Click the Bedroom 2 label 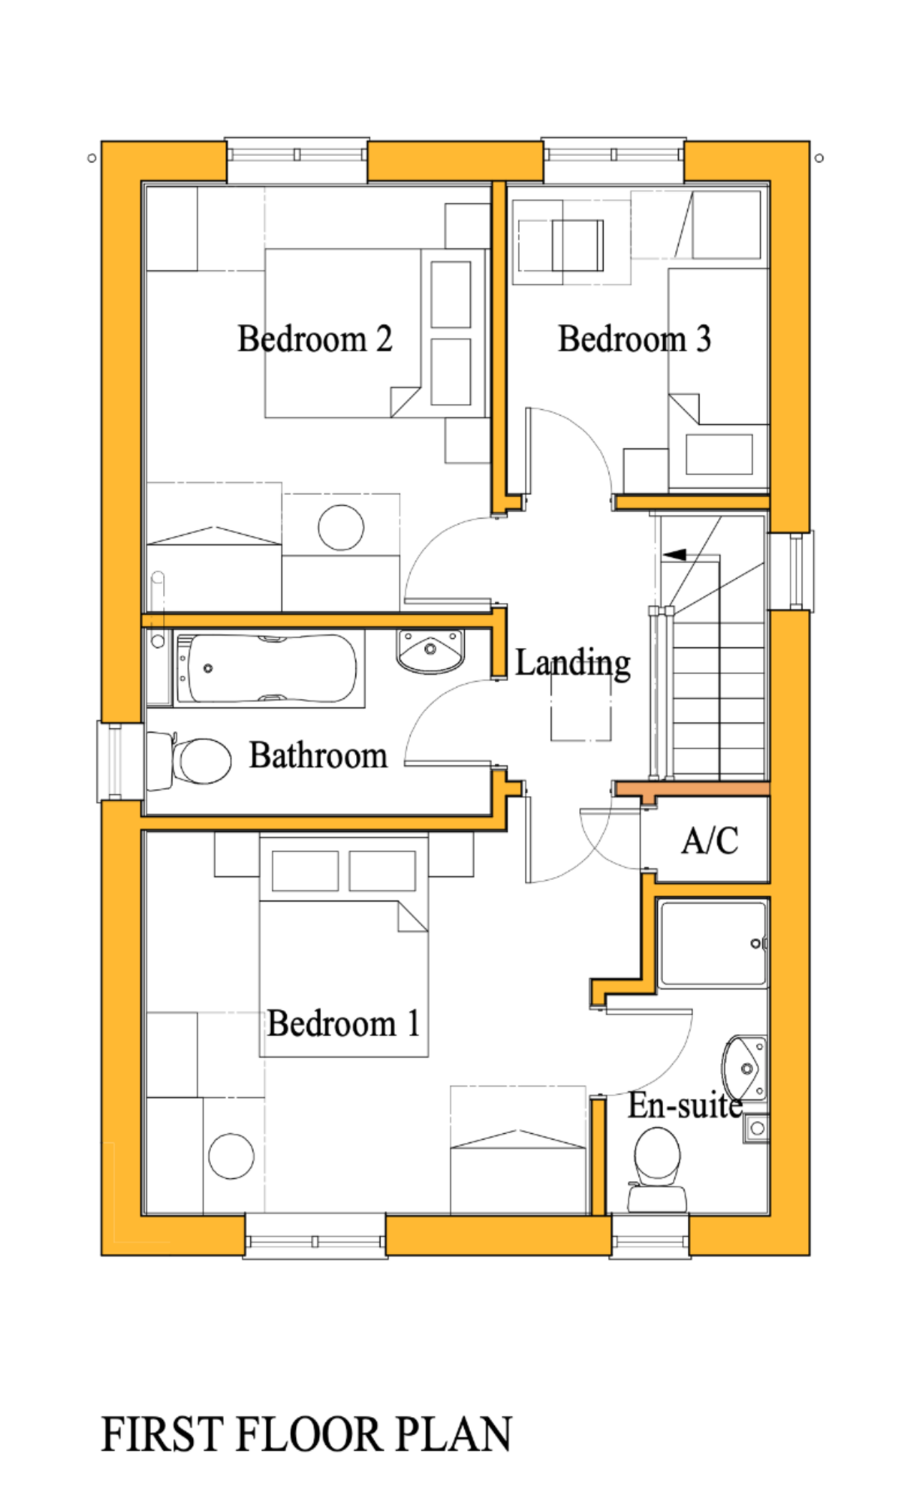(x=315, y=339)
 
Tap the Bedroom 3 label (x=634, y=339)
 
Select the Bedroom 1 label (x=343, y=1024)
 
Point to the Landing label (x=573, y=663)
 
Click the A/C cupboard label (x=709, y=841)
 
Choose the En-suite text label (x=685, y=1106)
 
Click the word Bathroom (x=318, y=756)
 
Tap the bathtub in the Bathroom (x=268, y=669)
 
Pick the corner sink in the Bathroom (x=430, y=651)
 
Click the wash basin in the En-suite (x=744, y=1068)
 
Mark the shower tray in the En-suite (x=712, y=944)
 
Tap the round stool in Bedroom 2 (x=340, y=528)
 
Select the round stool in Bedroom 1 (x=231, y=1156)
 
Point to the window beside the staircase (x=793, y=570)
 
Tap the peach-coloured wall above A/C (x=692, y=788)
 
